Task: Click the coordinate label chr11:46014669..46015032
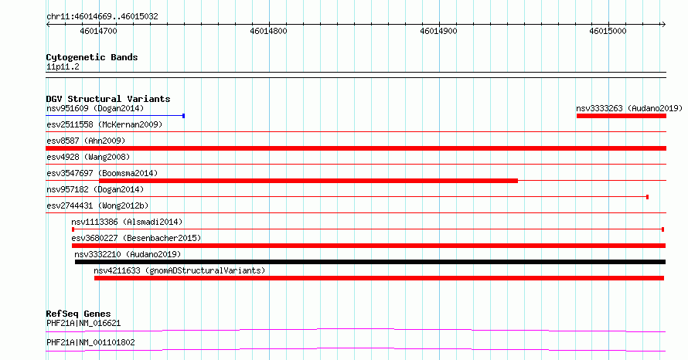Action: (102, 17)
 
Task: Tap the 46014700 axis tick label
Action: (99, 31)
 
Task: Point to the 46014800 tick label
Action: (268, 31)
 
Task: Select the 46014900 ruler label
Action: (438, 31)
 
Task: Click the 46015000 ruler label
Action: (608, 31)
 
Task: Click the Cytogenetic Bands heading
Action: (92, 57)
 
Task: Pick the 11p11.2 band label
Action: (63, 66)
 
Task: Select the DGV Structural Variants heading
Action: (108, 99)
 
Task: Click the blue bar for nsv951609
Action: (115, 116)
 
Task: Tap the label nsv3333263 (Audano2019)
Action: (629, 108)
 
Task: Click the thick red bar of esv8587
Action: (356, 148)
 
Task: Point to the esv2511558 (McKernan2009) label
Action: (104, 124)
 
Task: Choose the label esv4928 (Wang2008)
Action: (88, 157)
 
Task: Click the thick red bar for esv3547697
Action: (308, 181)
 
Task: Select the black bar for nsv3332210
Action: (370, 262)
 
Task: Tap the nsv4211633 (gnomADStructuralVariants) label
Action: (179, 270)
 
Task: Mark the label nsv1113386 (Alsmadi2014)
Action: (127, 222)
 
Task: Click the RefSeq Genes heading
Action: (78, 314)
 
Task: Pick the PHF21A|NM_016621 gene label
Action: (83, 324)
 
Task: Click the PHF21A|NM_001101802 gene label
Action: (90, 342)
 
